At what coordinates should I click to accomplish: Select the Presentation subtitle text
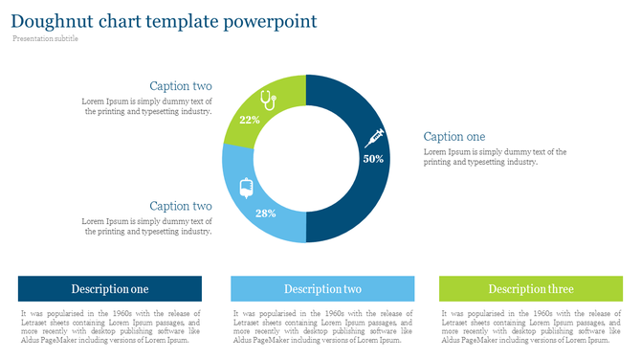click(45, 39)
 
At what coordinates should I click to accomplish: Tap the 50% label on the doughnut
click(373, 159)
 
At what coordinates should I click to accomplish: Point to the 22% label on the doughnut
click(250, 120)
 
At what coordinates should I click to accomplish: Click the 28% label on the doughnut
click(265, 213)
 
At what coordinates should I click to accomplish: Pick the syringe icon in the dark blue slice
click(373, 138)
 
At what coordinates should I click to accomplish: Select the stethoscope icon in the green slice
click(268, 99)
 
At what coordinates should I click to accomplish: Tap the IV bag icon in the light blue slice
click(245, 186)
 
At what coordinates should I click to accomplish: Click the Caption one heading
click(454, 137)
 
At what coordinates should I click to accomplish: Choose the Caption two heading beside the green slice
click(181, 86)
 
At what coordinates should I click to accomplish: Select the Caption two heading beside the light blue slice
click(181, 206)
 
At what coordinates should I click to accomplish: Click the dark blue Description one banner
click(110, 289)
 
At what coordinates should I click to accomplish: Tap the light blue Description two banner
click(322, 289)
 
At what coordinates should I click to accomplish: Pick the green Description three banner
click(531, 289)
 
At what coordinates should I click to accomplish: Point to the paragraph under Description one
click(110, 326)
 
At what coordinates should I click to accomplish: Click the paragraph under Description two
click(322, 326)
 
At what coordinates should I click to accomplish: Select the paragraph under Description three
click(531, 326)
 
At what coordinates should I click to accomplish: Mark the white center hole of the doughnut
click(306, 159)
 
